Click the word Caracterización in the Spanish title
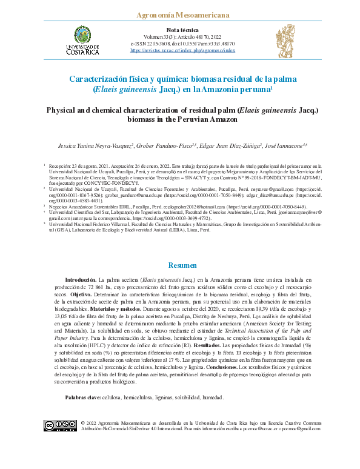(x=101, y=79)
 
